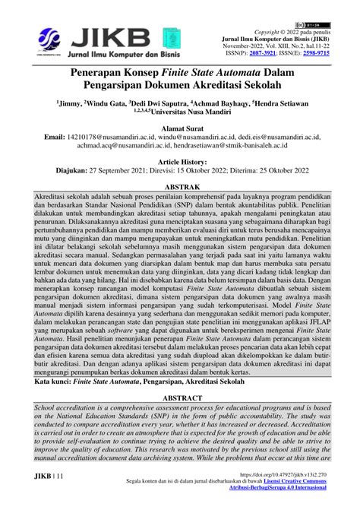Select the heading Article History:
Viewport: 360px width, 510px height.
[180, 162]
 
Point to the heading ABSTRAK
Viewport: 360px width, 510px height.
[179, 185]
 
